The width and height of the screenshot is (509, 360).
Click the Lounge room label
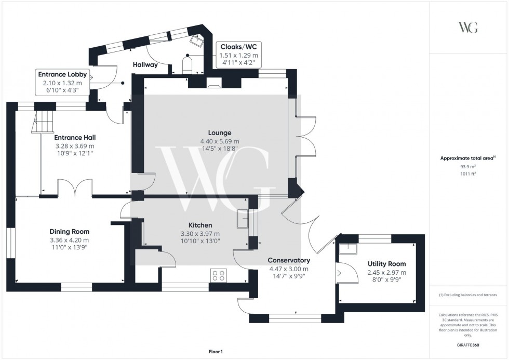coord(220,133)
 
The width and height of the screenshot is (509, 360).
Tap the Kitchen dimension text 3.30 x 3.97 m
coord(200,234)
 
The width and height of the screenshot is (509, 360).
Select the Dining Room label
coord(70,232)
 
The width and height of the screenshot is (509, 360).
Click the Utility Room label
coord(387,264)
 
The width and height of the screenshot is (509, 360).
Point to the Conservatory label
coord(289,260)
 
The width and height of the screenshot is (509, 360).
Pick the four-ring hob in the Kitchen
coord(218,275)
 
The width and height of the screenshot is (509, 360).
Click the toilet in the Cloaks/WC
coord(187,65)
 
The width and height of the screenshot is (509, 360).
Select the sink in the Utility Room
coord(346,248)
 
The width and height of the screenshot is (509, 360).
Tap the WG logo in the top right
coord(468,28)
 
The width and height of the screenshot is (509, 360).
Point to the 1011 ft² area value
coord(468,175)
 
